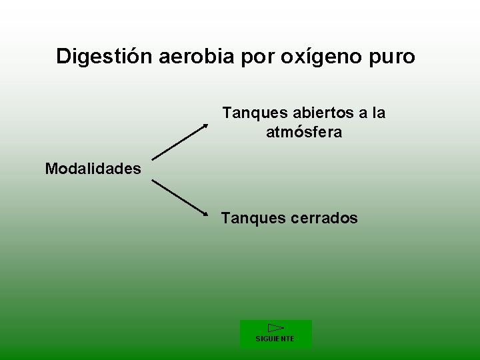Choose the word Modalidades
click(x=93, y=169)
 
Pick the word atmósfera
click(x=304, y=132)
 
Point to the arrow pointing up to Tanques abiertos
click(x=179, y=141)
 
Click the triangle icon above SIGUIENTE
click(x=275, y=328)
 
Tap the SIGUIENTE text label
click(x=275, y=339)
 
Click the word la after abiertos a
click(x=378, y=113)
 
